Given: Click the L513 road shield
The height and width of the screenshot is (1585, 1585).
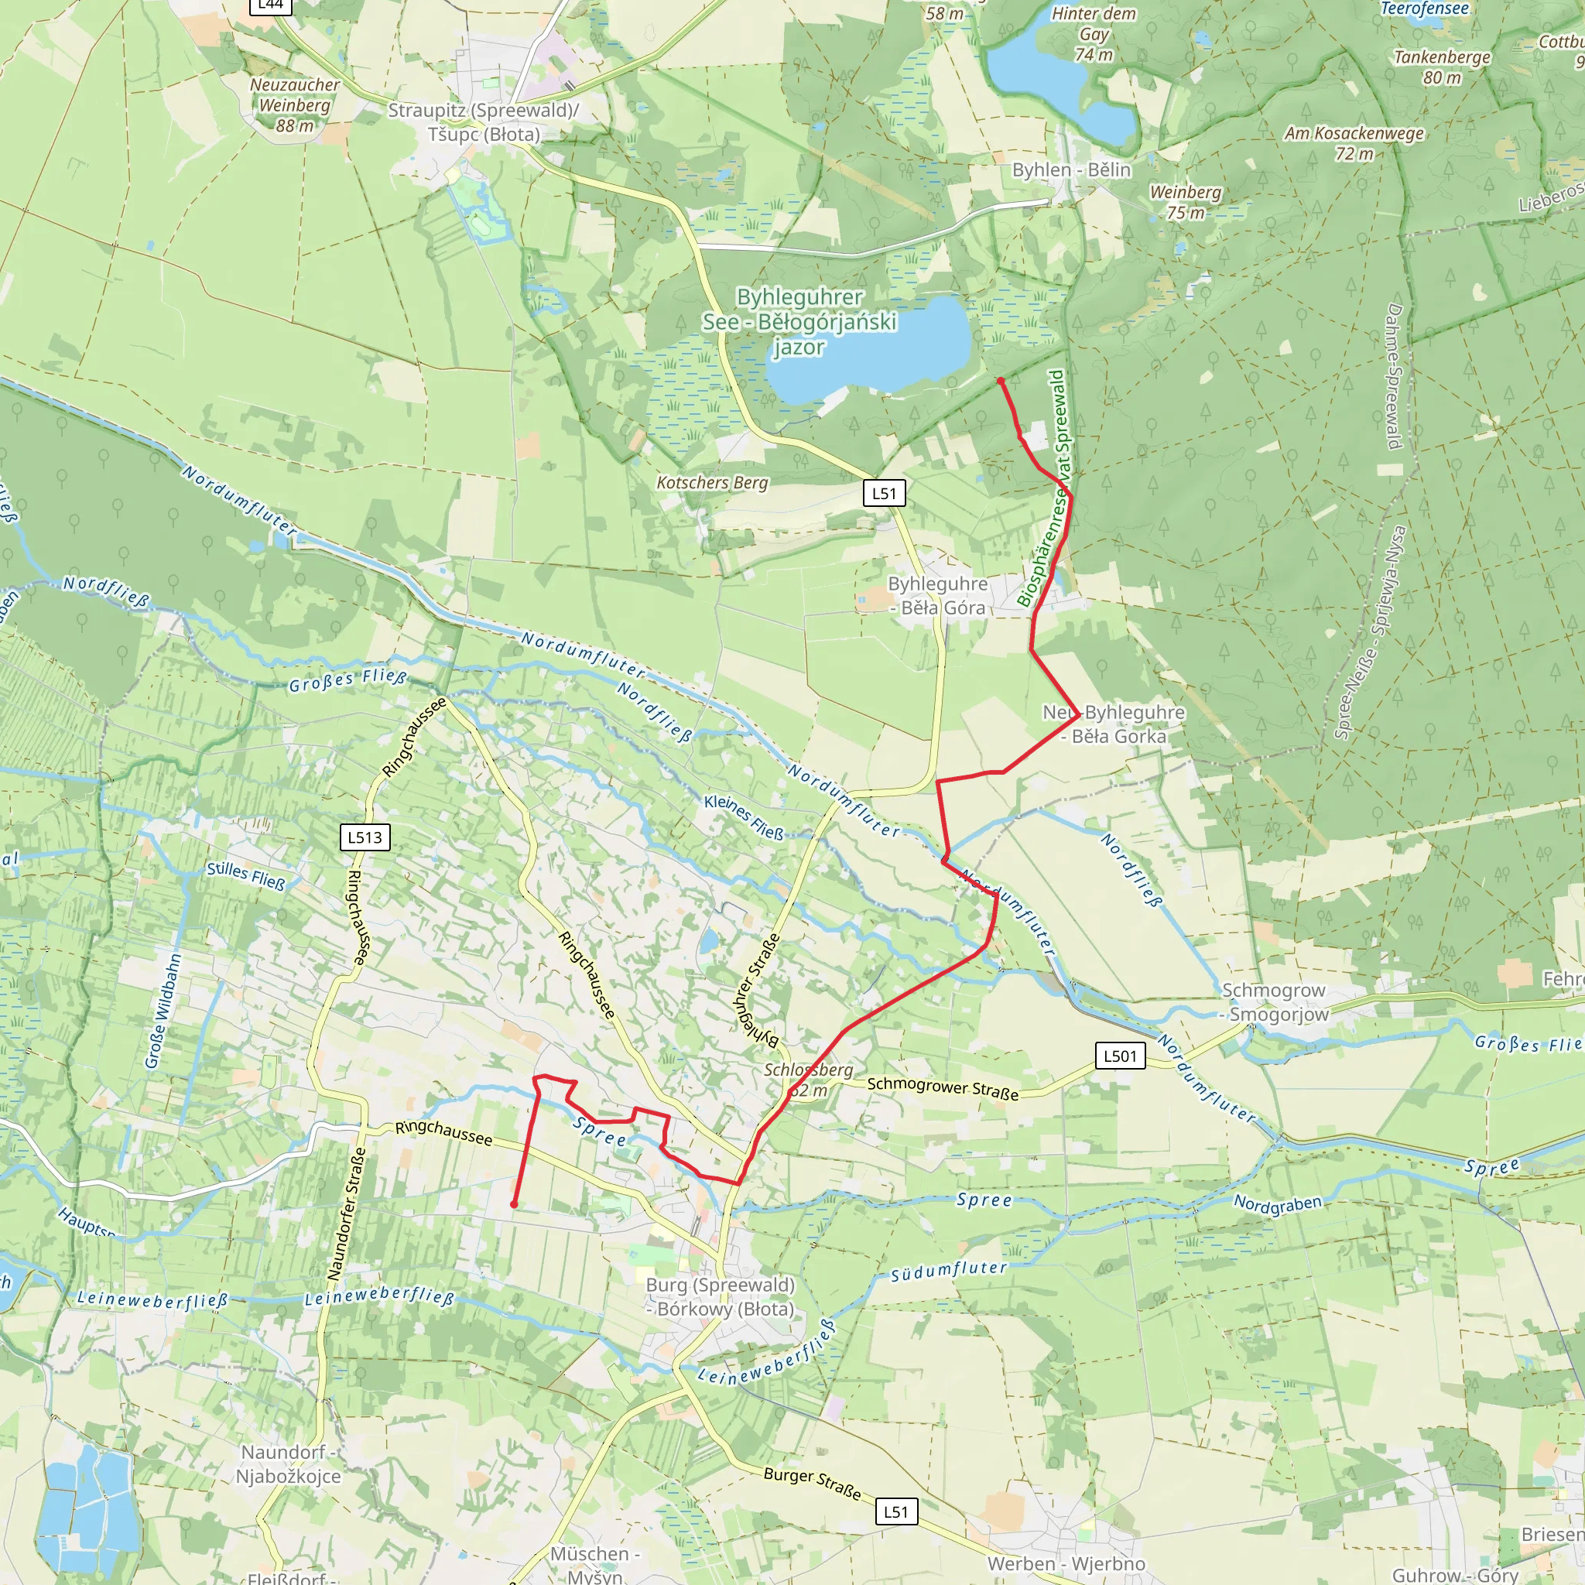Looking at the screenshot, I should [x=365, y=837].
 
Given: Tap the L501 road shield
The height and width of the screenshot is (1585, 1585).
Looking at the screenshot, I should [x=1120, y=1055].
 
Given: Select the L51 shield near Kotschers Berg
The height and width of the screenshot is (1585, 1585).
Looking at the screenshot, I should [x=884, y=493].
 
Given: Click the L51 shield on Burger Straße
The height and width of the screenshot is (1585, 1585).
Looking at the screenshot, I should [x=896, y=1511].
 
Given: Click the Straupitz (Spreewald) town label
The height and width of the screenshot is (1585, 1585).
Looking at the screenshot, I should [x=483, y=122].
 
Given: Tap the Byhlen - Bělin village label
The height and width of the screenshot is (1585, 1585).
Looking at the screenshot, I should [x=1070, y=169].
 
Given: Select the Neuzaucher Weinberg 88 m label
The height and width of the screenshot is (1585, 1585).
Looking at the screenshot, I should [x=295, y=105].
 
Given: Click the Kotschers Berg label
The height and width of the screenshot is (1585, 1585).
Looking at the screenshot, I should [x=712, y=482].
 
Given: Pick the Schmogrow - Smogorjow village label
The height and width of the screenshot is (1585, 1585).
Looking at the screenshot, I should [x=1275, y=1001].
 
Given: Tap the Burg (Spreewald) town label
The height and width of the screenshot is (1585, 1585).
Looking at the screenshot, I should [x=721, y=1296].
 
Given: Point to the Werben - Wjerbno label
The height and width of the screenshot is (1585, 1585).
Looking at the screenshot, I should [x=1066, y=1563].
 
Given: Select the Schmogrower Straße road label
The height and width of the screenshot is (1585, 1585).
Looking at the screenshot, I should [x=943, y=1088].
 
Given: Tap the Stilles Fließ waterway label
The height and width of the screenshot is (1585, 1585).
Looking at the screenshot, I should [x=245, y=875].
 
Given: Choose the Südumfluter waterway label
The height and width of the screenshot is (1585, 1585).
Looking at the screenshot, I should [x=948, y=1269].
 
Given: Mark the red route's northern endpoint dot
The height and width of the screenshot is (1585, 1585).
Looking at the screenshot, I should [x=1000, y=381].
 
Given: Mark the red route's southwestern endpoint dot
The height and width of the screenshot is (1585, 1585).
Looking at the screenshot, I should [x=514, y=1204].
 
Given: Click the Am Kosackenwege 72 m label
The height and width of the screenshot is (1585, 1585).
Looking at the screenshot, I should [x=1354, y=142].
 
